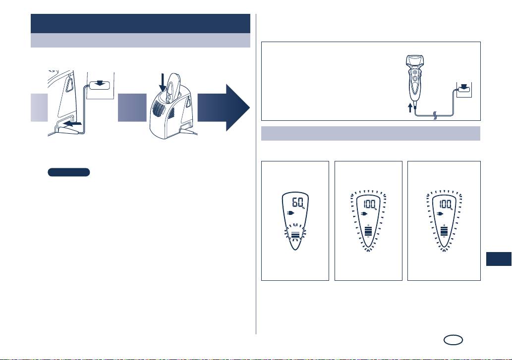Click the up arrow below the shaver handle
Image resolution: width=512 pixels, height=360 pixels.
coord(409,107)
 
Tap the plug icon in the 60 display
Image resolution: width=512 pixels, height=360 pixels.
coord(290,214)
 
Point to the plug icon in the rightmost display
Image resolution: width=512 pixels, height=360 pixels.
coord(438,214)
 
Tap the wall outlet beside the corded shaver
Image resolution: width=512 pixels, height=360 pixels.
coord(463,90)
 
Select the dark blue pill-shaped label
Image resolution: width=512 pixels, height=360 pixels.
coord(69,172)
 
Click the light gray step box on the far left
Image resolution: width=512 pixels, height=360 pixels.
coord(39,107)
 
